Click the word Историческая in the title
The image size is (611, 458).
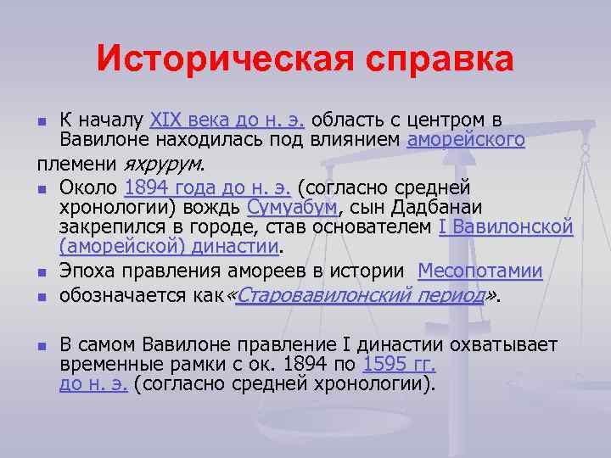(209, 60)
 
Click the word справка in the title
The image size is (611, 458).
(422, 60)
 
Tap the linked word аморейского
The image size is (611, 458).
(466, 139)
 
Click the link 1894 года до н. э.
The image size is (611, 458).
(206, 187)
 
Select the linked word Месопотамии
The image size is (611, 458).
(480, 271)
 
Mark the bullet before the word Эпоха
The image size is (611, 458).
(42, 272)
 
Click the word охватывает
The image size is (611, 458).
(502, 344)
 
